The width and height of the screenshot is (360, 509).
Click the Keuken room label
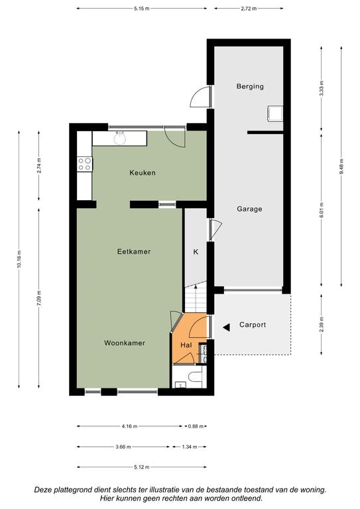[x=143, y=173]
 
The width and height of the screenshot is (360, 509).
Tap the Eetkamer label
[x=134, y=252]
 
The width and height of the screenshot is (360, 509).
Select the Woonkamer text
[x=125, y=343]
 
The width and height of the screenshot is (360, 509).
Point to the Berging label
[x=250, y=86]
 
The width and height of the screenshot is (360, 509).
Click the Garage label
[x=249, y=209]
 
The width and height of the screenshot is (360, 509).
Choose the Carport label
[x=253, y=325]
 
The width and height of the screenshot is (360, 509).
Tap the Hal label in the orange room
[x=186, y=345]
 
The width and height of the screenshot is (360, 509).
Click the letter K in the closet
[x=196, y=252]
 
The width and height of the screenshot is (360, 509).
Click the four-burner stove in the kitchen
[x=84, y=164]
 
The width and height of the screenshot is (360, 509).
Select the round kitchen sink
[x=120, y=138]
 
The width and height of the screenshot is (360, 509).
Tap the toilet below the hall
[x=195, y=376]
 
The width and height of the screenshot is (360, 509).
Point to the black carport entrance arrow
[x=226, y=327]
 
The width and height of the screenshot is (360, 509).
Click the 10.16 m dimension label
[x=19, y=259]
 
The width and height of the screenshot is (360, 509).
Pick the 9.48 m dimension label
[x=341, y=166]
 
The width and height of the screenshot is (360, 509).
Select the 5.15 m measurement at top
[x=141, y=9]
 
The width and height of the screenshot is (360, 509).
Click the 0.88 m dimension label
[x=196, y=426]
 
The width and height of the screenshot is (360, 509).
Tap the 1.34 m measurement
[x=189, y=447]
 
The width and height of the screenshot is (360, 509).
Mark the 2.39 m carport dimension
[x=322, y=325]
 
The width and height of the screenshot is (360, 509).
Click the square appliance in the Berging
[x=275, y=113]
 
